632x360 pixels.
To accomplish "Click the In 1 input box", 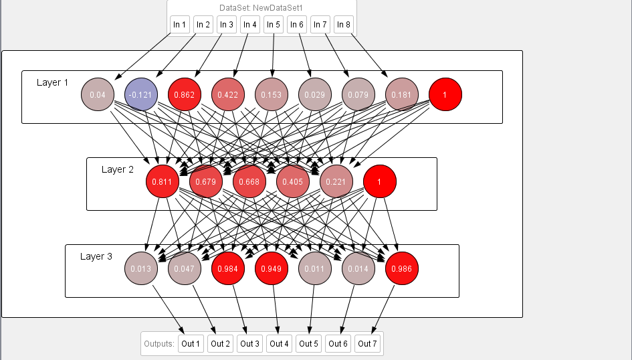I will pos(180,25).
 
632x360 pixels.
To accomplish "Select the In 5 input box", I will pos(274,25).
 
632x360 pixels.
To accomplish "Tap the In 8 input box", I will pos(344,25).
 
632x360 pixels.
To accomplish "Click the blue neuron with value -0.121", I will pos(141,95).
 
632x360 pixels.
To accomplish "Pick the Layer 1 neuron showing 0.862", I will pos(185,95).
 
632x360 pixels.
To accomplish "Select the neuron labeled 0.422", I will pos(228,95).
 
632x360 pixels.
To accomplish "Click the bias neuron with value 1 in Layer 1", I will pos(445,95).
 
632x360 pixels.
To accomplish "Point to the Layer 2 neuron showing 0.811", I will pos(163,181).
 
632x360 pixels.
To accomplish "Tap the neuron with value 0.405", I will pos(293,181).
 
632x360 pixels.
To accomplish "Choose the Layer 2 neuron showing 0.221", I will pos(336,181).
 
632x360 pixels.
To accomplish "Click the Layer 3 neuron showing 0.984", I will pos(228,269).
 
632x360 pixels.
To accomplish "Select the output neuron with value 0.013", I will pos(141,269).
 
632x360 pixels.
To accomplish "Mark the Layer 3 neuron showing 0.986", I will pos(402,269).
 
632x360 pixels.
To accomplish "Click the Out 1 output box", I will pos(191,344).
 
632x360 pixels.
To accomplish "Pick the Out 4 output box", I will pos(279,344).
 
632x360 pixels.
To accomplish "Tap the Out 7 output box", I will pos(367,344).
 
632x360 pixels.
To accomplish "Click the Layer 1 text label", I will pos(53,82).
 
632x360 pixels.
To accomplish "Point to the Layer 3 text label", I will pos(96,256).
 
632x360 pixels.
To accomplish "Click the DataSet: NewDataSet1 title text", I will pos(261,8).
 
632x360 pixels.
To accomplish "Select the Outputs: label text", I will pos(159,344).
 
